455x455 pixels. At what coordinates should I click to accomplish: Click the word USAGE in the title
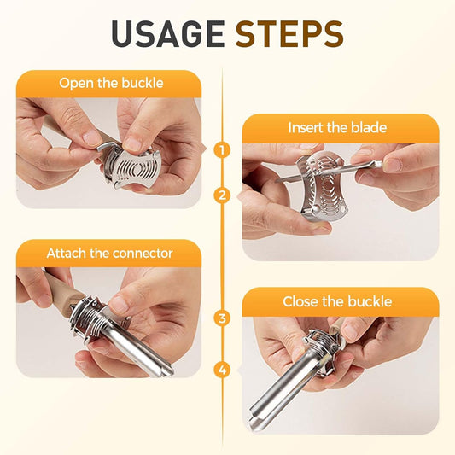tap(167, 33)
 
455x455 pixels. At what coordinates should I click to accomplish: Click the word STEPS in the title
tap(289, 33)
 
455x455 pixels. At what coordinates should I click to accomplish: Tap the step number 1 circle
tap(222, 150)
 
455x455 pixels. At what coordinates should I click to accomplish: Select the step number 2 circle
tap(222, 195)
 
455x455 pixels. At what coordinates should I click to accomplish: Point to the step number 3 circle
tap(222, 318)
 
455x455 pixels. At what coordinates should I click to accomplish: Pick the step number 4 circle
tap(222, 370)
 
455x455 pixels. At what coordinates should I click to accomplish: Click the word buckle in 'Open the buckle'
tap(143, 83)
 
